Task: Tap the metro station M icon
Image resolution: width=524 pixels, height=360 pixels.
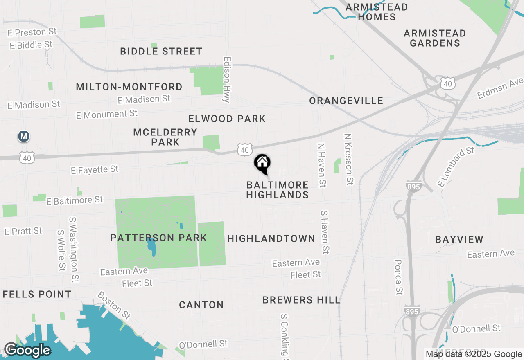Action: pos(24,136)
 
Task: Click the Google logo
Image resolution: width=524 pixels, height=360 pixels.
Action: pos(27,351)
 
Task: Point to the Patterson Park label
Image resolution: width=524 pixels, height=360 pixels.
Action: pos(158,238)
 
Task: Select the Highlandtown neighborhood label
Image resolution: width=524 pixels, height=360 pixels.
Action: pos(271,239)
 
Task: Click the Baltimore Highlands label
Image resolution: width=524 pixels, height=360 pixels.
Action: pos(278,190)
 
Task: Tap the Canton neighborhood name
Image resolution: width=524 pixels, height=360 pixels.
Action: pos(201,305)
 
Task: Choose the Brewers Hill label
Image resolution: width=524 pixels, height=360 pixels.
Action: pos(301,300)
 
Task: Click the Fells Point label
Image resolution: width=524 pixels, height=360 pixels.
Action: pos(37,294)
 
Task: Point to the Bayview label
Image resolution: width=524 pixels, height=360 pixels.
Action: pos(459,239)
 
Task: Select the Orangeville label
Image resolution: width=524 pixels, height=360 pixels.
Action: pos(346,101)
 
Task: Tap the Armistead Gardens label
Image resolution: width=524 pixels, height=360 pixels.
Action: pos(435,38)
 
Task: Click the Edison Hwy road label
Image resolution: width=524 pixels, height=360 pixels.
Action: pos(226,79)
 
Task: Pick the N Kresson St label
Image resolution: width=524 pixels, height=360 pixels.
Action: pos(348,159)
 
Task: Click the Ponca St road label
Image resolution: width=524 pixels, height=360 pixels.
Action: pos(398,277)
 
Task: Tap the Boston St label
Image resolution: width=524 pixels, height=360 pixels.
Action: pos(114,305)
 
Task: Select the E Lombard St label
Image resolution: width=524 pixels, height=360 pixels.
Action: pos(455,166)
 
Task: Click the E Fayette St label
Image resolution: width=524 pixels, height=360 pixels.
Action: pos(95,169)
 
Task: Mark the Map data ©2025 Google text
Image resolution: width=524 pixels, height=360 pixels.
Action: pos(474,354)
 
